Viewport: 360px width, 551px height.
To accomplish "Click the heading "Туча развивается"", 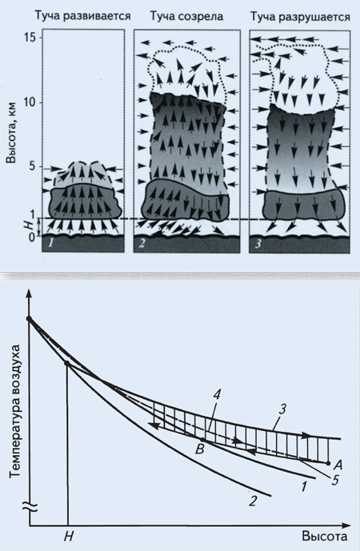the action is point(82,16).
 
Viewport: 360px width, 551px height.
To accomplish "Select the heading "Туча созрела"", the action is point(186,16).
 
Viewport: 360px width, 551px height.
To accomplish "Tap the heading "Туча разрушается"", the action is point(300,17).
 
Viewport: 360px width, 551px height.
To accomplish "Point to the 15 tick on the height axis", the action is point(30,38).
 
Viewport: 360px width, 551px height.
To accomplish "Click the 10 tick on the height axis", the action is point(30,102).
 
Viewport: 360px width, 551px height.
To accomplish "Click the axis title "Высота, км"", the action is point(12,134).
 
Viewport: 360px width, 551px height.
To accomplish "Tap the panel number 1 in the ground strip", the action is point(51,244).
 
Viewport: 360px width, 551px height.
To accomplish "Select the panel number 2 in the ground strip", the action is point(142,244).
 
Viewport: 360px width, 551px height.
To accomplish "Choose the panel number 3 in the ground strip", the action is point(258,244).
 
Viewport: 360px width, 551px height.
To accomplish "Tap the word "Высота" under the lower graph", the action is point(325,537).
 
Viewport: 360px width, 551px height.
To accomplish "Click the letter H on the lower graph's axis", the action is point(69,537).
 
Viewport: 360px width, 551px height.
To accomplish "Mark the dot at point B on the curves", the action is point(202,440).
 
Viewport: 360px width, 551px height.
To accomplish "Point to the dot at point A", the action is point(328,463).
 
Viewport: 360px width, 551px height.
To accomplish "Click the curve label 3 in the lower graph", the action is point(284,409).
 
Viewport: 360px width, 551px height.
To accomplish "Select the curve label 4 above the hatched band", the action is point(217,394).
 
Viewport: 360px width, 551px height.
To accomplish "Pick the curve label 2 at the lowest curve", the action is point(253,501).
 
